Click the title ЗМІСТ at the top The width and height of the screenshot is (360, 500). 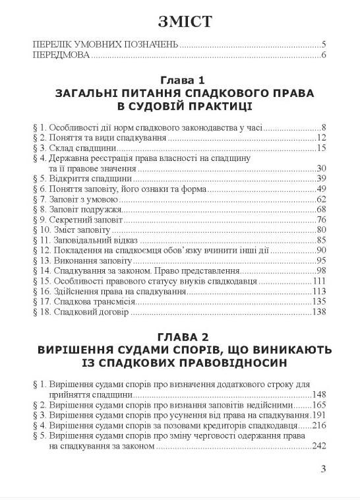(x=179, y=21)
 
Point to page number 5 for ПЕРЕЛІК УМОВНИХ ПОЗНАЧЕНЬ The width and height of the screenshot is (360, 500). (x=324, y=45)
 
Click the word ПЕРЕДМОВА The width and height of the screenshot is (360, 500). (x=61, y=55)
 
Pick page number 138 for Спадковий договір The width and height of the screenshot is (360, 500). (x=320, y=313)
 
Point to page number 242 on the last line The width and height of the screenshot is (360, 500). (x=319, y=447)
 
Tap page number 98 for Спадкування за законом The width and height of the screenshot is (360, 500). (x=322, y=270)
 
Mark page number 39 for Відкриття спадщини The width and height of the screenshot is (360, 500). (x=322, y=178)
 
